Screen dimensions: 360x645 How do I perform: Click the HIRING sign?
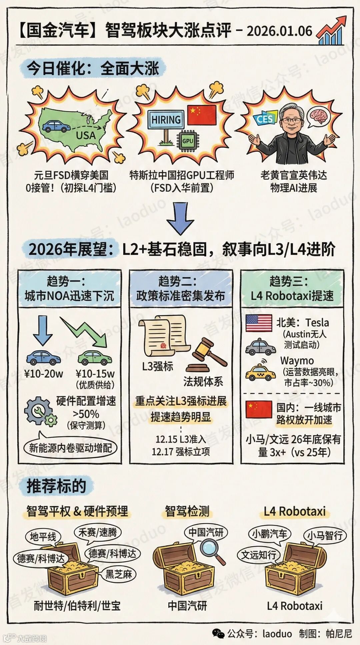166,119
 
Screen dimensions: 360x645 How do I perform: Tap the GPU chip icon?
188,141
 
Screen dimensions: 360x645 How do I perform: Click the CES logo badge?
265,119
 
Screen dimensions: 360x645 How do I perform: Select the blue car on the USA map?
56,126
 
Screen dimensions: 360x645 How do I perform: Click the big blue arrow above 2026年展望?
180,219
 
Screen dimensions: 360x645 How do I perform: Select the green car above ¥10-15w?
95,357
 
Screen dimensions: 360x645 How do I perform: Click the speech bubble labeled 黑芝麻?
119,574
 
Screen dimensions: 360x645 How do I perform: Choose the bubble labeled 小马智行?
325,536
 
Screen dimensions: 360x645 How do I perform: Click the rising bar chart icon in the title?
330,31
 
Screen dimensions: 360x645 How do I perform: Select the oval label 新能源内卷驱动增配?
70,448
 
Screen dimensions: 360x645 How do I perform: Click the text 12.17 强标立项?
181,452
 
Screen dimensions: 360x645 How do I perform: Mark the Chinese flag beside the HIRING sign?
202,115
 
